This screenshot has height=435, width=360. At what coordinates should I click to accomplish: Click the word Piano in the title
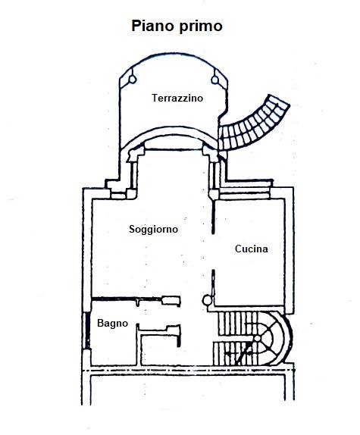tap(153, 26)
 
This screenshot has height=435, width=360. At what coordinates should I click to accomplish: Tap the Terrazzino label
tap(177, 98)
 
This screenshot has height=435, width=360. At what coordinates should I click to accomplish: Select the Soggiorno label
tap(153, 230)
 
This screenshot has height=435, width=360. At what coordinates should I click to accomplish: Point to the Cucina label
tap(252, 249)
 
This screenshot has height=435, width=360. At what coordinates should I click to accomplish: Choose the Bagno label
tap(112, 323)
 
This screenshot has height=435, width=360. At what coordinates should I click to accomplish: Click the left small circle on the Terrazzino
tap(133, 80)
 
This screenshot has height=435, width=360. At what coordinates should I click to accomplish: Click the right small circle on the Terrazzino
tap(215, 80)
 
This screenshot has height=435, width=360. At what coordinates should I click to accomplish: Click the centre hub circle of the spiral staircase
tap(258, 338)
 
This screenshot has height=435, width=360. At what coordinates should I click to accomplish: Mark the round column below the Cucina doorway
tap(207, 300)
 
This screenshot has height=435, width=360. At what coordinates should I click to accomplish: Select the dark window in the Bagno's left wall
tap(87, 330)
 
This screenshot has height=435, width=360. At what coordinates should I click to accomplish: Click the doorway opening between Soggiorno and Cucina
tap(213, 252)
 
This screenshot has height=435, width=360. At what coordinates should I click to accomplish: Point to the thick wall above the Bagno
tap(127, 299)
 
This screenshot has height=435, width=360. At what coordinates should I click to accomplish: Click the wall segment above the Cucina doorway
tap(213, 217)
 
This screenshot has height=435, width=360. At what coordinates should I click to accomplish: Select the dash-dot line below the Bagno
tap(189, 371)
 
